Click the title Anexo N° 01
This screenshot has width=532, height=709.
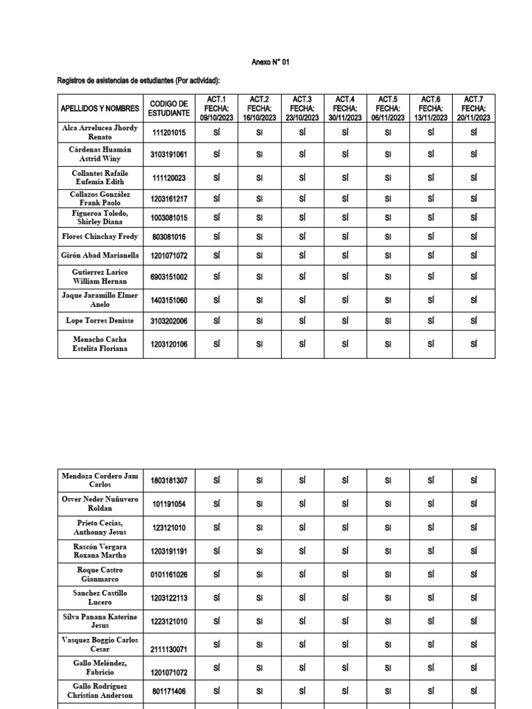270,62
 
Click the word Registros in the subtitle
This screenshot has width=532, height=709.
72,82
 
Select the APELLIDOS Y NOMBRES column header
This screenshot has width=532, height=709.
100,109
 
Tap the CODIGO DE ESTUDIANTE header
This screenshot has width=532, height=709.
169,109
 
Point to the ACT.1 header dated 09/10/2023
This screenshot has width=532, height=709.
217,109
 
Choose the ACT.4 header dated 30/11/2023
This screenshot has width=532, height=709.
345,109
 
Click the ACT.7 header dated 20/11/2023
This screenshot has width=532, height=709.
474,109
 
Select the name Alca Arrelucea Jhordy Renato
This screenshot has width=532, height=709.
100,132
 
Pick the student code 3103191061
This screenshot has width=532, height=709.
169,154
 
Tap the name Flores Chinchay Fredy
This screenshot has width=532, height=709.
100,237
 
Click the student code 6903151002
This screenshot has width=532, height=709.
169,277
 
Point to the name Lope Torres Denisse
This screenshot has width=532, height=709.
100,321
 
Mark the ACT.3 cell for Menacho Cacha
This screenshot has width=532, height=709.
302,344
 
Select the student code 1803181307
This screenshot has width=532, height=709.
169,481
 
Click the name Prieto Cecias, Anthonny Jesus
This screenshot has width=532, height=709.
100,528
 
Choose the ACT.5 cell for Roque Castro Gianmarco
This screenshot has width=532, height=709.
388,575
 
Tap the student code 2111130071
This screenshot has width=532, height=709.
169,649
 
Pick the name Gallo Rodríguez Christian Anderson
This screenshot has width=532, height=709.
100,690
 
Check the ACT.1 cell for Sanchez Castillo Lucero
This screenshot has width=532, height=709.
217,598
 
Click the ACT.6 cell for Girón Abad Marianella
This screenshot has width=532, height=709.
431,255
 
